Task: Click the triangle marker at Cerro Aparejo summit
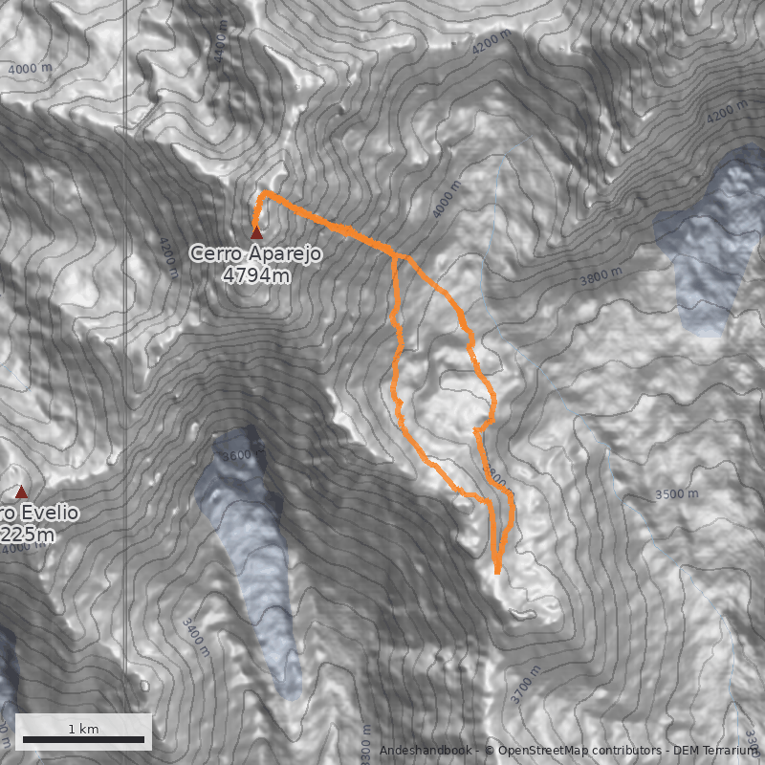(x=256, y=231)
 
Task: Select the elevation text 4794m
(x=254, y=276)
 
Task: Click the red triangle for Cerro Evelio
(x=22, y=492)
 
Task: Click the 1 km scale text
(x=83, y=729)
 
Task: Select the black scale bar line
(x=83, y=739)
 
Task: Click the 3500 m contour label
(x=677, y=493)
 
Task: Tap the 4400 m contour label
(x=222, y=43)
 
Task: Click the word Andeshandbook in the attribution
(x=426, y=751)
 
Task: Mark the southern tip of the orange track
(x=497, y=572)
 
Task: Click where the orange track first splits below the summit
(x=395, y=256)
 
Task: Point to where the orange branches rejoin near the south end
(x=491, y=500)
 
